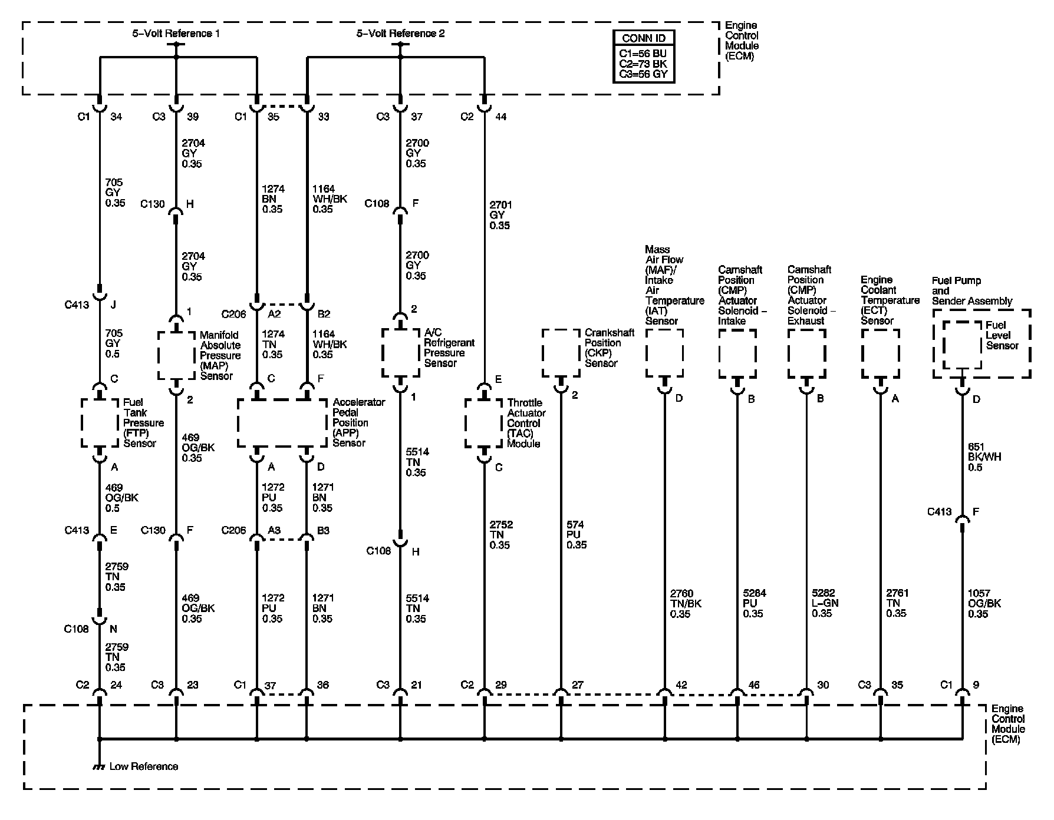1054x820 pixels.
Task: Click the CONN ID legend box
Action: point(644,57)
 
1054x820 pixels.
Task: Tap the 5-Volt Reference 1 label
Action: point(176,34)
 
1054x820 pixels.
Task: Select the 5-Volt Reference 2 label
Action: point(400,34)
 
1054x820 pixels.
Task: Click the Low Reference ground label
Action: point(143,766)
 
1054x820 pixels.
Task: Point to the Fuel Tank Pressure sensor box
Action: point(100,422)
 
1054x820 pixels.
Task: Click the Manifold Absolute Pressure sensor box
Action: point(176,355)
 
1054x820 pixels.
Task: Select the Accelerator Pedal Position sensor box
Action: point(282,423)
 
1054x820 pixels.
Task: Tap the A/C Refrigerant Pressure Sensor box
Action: point(400,352)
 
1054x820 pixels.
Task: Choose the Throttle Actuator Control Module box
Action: point(484,423)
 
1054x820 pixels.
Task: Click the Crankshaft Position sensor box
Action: point(561,352)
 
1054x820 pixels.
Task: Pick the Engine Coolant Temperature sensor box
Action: point(880,353)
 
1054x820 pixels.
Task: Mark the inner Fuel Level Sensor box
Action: point(963,344)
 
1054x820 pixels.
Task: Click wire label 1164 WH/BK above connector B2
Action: point(330,199)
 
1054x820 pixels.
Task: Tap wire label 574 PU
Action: point(577,534)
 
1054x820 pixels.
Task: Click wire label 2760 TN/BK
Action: point(686,603)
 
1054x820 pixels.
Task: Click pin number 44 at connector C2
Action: point(500,117)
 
